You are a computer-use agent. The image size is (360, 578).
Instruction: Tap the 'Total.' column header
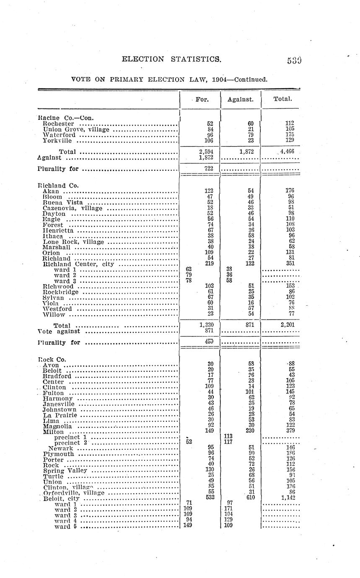pos(282,99)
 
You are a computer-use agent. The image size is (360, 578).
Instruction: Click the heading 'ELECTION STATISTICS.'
pos(171,59)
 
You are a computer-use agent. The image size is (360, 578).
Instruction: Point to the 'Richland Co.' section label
pos(58,185)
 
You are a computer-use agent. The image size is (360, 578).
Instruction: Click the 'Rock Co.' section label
pos(52,359)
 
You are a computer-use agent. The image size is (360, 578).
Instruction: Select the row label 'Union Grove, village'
pos(76,129)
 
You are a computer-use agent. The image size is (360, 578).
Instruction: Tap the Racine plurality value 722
pos(208,168)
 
